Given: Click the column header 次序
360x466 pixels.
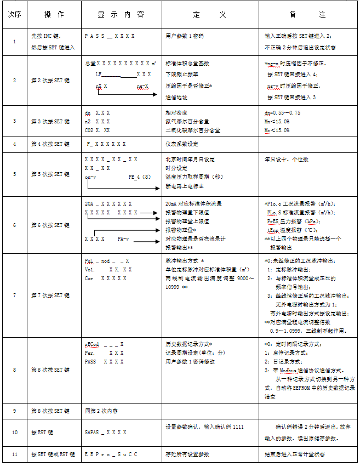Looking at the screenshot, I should point(14,15).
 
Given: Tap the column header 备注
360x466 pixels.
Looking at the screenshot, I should point(308,15).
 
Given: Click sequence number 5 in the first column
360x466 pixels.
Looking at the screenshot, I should point(14,174).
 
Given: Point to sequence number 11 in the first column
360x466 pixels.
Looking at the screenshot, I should point(14,454).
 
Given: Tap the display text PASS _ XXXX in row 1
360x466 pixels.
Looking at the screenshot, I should point(110,36).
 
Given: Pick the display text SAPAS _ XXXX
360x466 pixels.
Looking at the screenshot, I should point(106,432).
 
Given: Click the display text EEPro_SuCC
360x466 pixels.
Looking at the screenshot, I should point(111,454).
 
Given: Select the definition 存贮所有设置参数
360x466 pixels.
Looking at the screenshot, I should point(187,454).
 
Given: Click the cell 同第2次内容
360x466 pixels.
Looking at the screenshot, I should point(101,411).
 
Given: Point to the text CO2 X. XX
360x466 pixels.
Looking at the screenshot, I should point(98,130).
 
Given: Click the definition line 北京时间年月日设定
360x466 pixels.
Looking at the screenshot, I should point(190,160).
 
